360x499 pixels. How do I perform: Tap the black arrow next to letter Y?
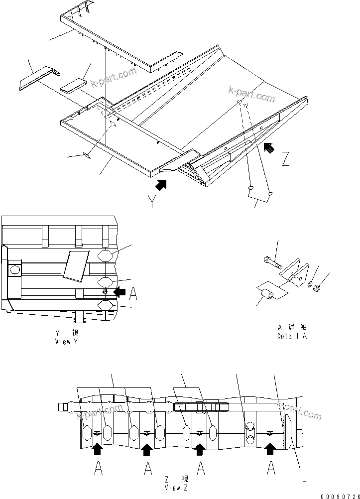pos(161,185)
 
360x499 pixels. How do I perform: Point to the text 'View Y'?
pos(67,342)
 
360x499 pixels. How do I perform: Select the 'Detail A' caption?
pos(292,336)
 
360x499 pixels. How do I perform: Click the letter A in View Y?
pos(132,295)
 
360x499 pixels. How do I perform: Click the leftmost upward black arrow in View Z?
pos(98,450)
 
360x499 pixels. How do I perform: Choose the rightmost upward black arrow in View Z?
pos(270,450)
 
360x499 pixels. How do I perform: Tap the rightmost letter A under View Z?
pos(271,469)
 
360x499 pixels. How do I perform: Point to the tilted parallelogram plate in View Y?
pos(75,264)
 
